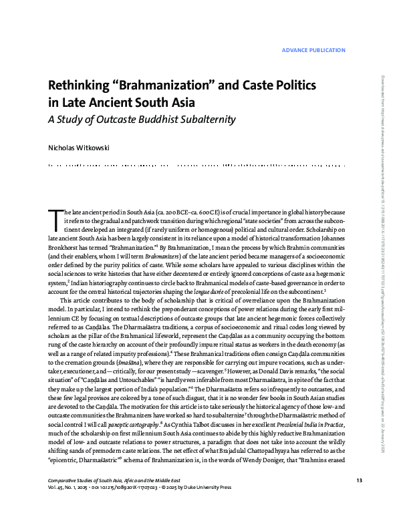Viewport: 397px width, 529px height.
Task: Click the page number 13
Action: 359,500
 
